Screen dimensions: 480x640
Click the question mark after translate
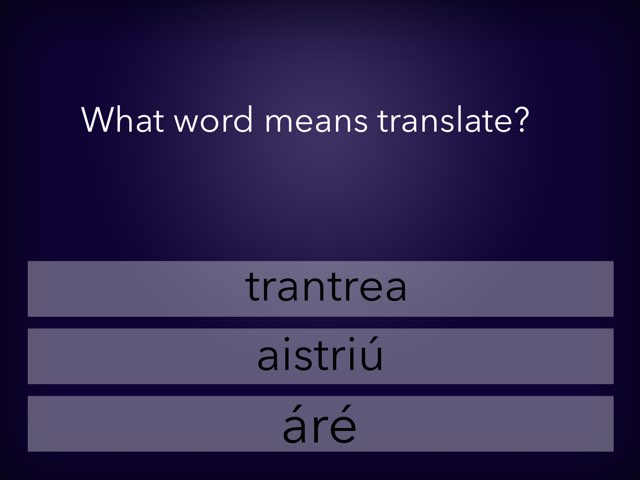point(521,121)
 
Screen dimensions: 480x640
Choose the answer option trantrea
point(320,288)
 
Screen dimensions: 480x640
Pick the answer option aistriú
point(320,356)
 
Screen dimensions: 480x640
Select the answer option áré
point(320,424)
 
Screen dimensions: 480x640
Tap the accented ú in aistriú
point(371,356)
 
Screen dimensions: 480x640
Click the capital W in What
point(96,121)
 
